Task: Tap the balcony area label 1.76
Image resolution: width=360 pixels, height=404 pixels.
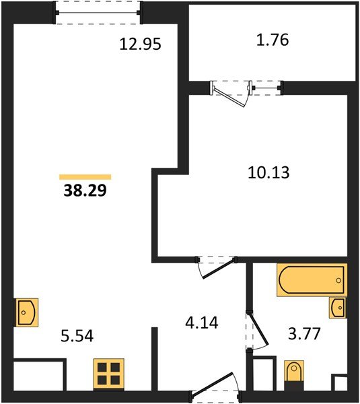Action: point(273,40)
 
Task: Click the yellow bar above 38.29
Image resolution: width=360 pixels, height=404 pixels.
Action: point(85,176)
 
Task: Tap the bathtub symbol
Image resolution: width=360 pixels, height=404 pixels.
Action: point(311,279)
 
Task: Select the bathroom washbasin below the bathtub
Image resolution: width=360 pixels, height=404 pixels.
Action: point(338,308)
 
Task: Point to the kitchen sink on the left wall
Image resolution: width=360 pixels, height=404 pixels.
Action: point(26,312)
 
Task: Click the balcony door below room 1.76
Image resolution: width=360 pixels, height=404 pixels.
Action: point(246,88)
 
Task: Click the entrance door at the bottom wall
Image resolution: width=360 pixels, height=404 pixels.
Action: point(215,389)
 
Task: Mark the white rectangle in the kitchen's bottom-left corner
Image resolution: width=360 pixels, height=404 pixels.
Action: point(40,374)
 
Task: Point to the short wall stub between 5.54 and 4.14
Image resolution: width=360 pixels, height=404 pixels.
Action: point(155,357)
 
